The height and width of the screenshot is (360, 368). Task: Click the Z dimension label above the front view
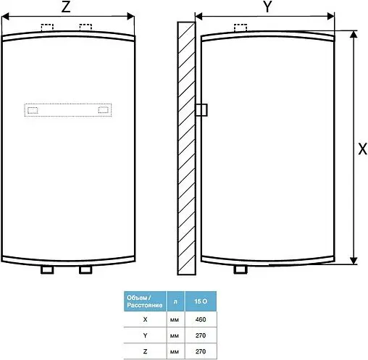(x=67, y=7)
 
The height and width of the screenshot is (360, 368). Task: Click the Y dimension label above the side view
(x=267, y=7)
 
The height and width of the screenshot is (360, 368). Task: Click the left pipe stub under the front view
(x=48, y=269)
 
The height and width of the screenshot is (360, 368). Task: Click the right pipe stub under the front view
(x=85, y=269)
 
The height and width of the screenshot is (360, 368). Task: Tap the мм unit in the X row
(x=175, y=319)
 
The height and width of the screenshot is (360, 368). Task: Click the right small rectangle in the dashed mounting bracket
(x=105, y=110)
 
